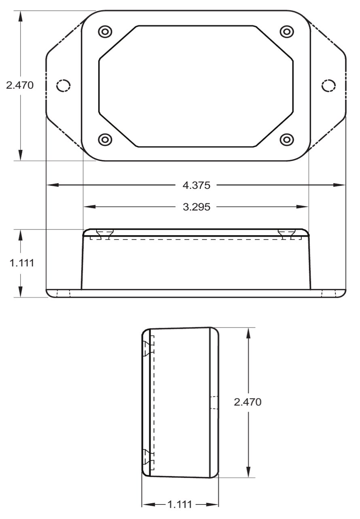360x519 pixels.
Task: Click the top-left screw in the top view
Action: pyautogui.click(x=105, y=31)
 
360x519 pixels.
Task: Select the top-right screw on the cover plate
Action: pyautogui.click(x=287, y=31)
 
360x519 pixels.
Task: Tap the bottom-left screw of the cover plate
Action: pyautogui.click(x=105, y=140)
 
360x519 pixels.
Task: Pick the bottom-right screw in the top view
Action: pyautogui.click(x=287, y=140)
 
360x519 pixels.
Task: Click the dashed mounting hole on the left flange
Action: pyautogui.click(x=63, y=85)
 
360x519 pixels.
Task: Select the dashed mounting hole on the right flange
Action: pyautogui.click(x=328, y=85)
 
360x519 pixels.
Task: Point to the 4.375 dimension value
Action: pyautogui.click(x=197, y=186)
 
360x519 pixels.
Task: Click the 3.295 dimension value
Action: pyautogui.click(x=197, y=207)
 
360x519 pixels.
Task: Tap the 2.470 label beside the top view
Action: pyautogui.click(x=20, y=85)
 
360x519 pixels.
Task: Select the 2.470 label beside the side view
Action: pyautogui.click(x=248, y=402)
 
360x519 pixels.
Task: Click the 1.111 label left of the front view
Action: pyautogui.click(x=22, y=263)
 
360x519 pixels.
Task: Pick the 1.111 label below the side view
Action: pyautogui.click(x=180, y=504)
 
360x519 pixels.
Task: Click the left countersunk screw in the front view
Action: pyautogui.click(x=105, y=234)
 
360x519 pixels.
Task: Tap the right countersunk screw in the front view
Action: pyautogui.click(x=286, y=234)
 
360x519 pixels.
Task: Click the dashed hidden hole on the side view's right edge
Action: pyautogui.click(x=214, y=403)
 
